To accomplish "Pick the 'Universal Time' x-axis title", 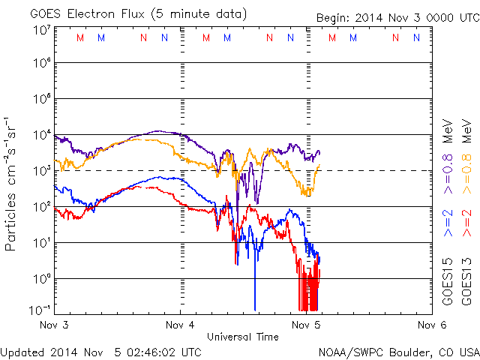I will click(242, 337).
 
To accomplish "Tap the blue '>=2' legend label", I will click(447, 223).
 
